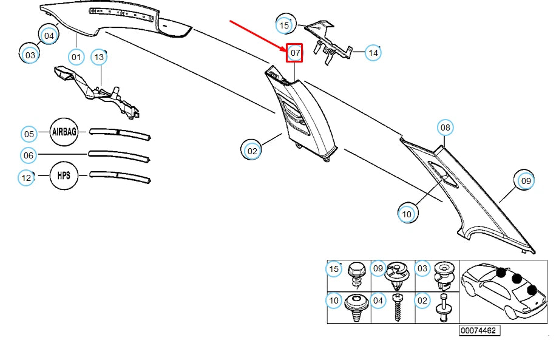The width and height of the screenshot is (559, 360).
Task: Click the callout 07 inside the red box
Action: point(295,53)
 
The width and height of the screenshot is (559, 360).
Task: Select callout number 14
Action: point(373,53)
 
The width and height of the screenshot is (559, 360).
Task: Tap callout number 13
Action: point(99,57)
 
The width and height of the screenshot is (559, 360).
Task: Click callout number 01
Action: point(76,57)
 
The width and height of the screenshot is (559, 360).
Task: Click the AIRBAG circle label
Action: point(64,132)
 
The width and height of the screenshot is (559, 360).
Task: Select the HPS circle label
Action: point(64,175)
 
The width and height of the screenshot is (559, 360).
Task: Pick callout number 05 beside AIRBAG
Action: point(29,134)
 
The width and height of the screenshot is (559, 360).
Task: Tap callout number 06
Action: point(29,155)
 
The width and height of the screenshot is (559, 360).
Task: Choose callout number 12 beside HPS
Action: point(26,177)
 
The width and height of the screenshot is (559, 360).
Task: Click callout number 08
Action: point(446,127)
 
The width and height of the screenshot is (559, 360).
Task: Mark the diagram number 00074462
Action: point(479,330)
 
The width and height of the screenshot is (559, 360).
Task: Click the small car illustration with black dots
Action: point(503,291)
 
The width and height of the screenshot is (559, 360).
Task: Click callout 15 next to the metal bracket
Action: point(284,25)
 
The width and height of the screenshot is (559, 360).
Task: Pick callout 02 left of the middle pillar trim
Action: point(252,151)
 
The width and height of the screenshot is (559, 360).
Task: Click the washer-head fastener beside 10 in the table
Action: point(356,307)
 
